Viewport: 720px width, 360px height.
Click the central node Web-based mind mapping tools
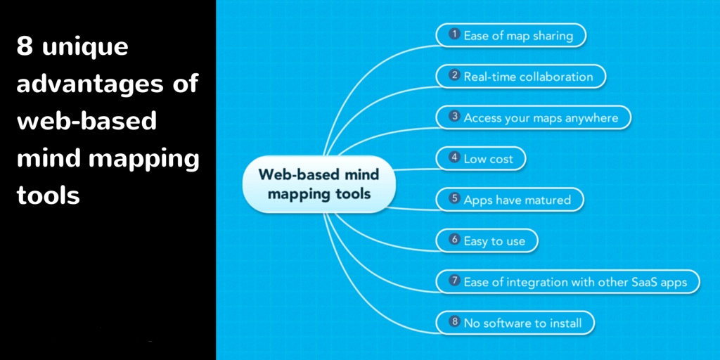(319, 184)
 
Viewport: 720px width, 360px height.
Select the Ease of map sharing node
(511, 35)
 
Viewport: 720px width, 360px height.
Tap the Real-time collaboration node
(521, 76)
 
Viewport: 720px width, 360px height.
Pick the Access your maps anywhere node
(534, 117)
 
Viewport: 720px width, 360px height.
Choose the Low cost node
(481, 158)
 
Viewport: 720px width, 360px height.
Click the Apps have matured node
(510, 200)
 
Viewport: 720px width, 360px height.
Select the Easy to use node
(487, 240)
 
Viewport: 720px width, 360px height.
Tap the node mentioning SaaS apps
(567, 281)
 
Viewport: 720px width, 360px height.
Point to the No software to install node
(515, 322)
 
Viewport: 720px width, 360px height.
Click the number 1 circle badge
(455, 34)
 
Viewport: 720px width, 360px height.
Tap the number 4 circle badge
(455, 157)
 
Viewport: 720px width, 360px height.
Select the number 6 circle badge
(455, 240)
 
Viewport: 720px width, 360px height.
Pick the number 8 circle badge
(455, 321)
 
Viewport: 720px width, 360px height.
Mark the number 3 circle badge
(455, 117)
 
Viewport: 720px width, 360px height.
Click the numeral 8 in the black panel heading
(25, 47)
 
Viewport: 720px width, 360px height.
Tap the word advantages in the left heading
(85, 85)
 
